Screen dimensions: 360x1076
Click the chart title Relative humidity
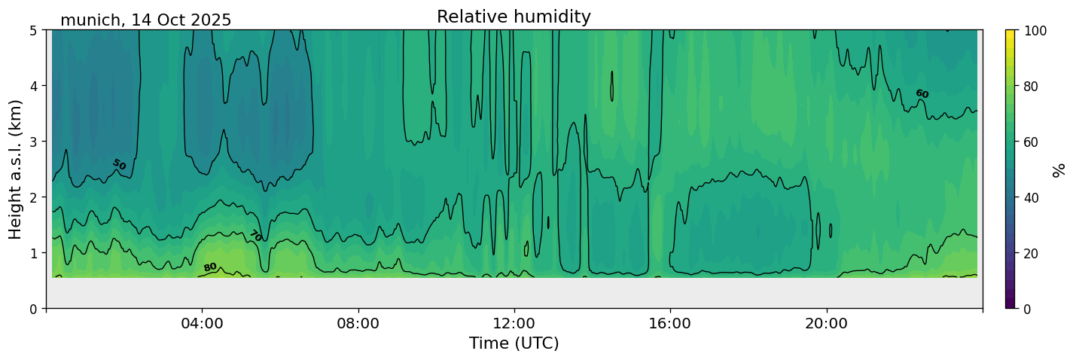[514, 17]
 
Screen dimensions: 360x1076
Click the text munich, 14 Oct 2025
[146, 20]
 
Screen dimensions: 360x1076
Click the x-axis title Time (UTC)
[514, 344]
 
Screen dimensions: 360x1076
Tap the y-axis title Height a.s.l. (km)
[16, 169]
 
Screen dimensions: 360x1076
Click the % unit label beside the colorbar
[1059, 169]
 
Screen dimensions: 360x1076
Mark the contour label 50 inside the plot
[119, 164]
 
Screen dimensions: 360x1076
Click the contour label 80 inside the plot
[210, 267]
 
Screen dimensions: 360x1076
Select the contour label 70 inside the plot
[256, 236]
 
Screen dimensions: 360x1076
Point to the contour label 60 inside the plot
[922, 93]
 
